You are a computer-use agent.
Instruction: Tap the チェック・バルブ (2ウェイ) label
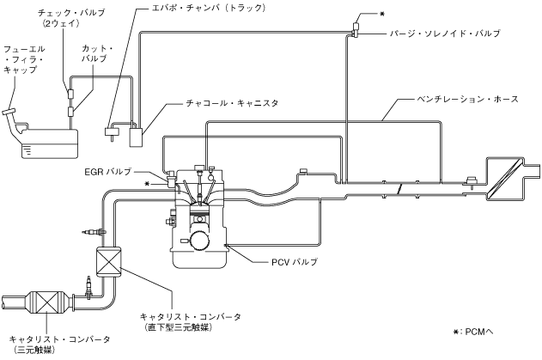pos(68,20)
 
